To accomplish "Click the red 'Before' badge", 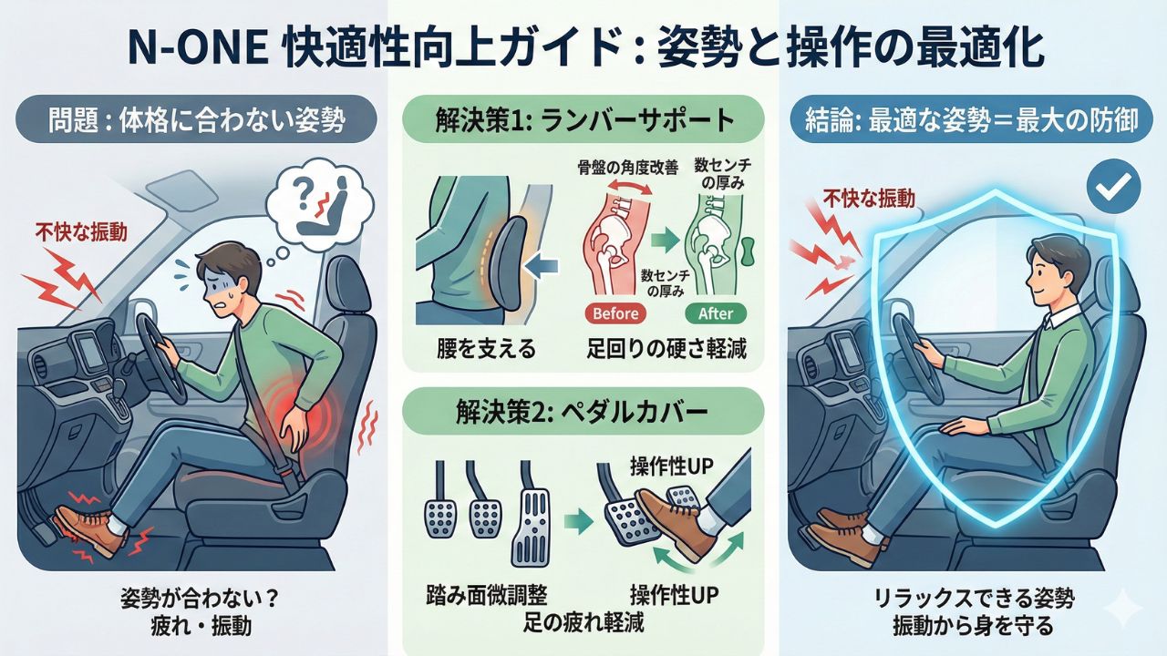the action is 615,313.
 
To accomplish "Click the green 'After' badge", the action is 716,313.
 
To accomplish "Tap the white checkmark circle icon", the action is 1114,186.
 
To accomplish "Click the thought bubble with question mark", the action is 319,201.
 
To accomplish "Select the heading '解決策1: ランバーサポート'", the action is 584,119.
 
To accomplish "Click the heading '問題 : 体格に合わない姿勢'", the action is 196,119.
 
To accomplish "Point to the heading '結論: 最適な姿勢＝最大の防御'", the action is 971,120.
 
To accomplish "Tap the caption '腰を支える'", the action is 486,349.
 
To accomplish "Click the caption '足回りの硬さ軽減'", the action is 666,349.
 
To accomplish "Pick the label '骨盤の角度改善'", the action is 628,168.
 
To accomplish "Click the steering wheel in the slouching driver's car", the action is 161,358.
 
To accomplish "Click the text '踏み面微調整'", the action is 487,595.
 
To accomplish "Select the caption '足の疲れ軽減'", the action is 583,622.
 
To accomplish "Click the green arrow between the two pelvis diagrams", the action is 666,240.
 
